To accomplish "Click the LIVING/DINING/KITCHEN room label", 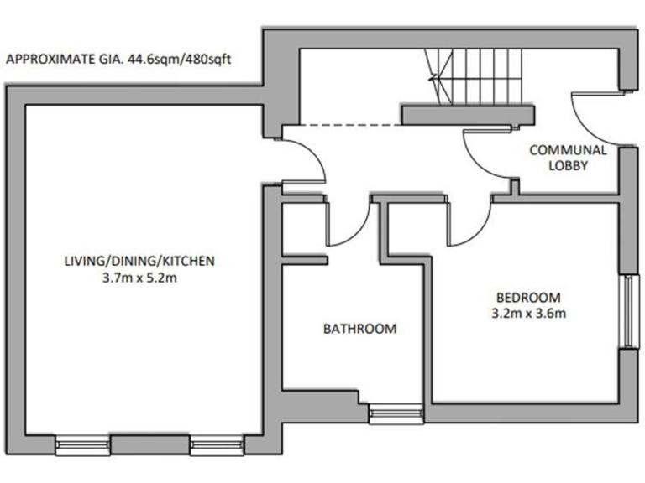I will (139, 261).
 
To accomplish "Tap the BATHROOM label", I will (359, 329).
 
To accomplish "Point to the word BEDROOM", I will (527, 298).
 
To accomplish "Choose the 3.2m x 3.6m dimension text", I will (527, 314).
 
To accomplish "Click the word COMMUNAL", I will (568, 150).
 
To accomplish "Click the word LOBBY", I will (568, 166).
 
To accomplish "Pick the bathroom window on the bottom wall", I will (396, 413).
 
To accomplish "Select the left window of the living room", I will (82, 444).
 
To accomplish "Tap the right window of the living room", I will (216, 444).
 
